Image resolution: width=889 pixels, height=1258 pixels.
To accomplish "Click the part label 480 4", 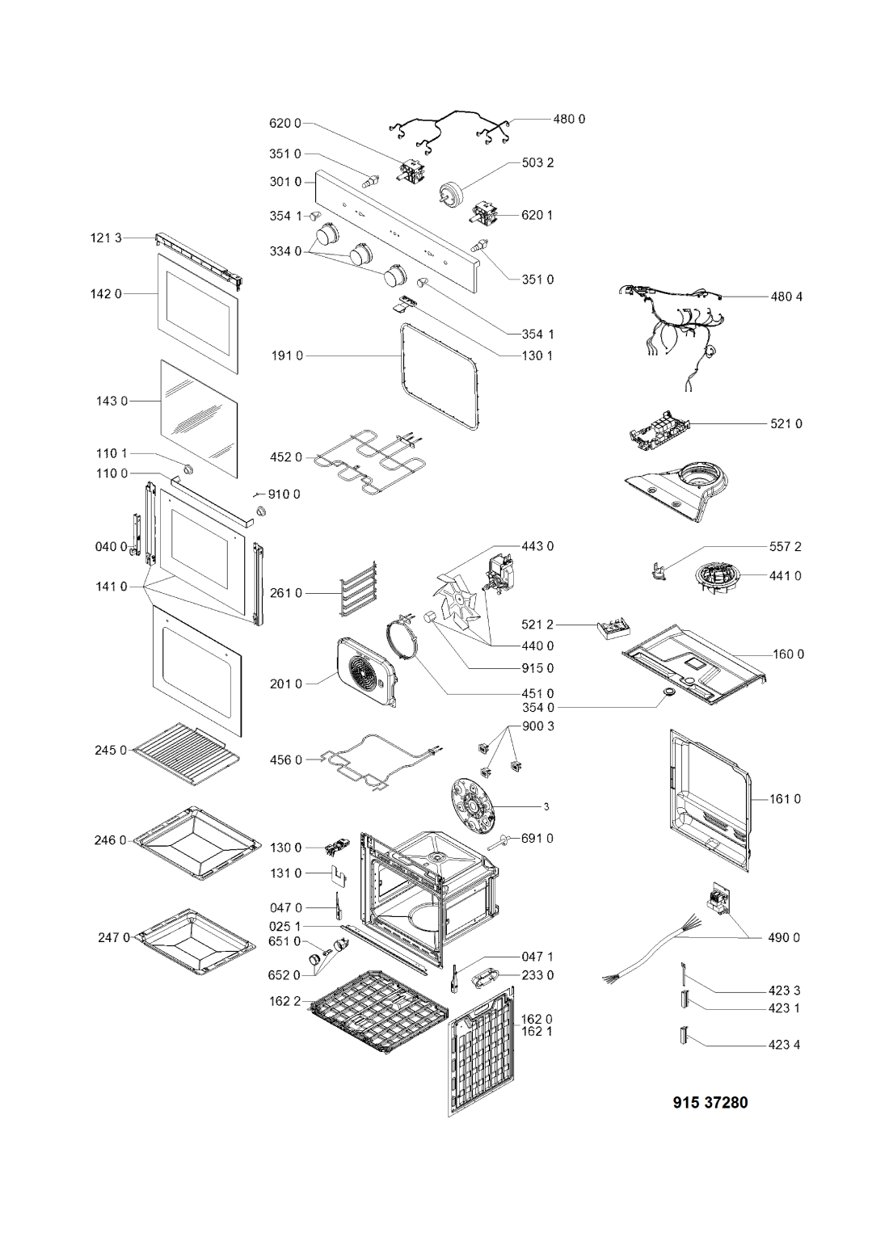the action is [x=786, y=297].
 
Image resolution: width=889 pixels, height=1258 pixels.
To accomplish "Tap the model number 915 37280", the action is [x=710, y=1102].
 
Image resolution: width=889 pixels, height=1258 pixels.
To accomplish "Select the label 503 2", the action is [x=537, y=163].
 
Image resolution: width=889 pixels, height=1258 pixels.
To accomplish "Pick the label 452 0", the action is [x=286, y=457].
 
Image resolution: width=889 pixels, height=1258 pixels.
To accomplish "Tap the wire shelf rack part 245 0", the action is [x=187, y=754].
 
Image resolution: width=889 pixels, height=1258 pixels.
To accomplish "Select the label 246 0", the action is [x=111, y=840].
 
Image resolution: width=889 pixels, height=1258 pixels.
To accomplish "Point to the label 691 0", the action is [x=537, y=839].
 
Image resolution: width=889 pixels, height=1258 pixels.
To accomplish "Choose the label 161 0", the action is [x=785, y=799].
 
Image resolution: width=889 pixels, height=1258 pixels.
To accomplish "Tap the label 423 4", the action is [x=784, y=1045].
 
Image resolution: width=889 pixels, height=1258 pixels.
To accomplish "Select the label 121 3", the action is [x=106, y=238].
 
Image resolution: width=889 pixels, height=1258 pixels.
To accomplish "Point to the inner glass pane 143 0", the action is [x=199, y=419].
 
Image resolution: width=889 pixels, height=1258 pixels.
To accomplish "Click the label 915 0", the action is [x=537, y=668].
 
